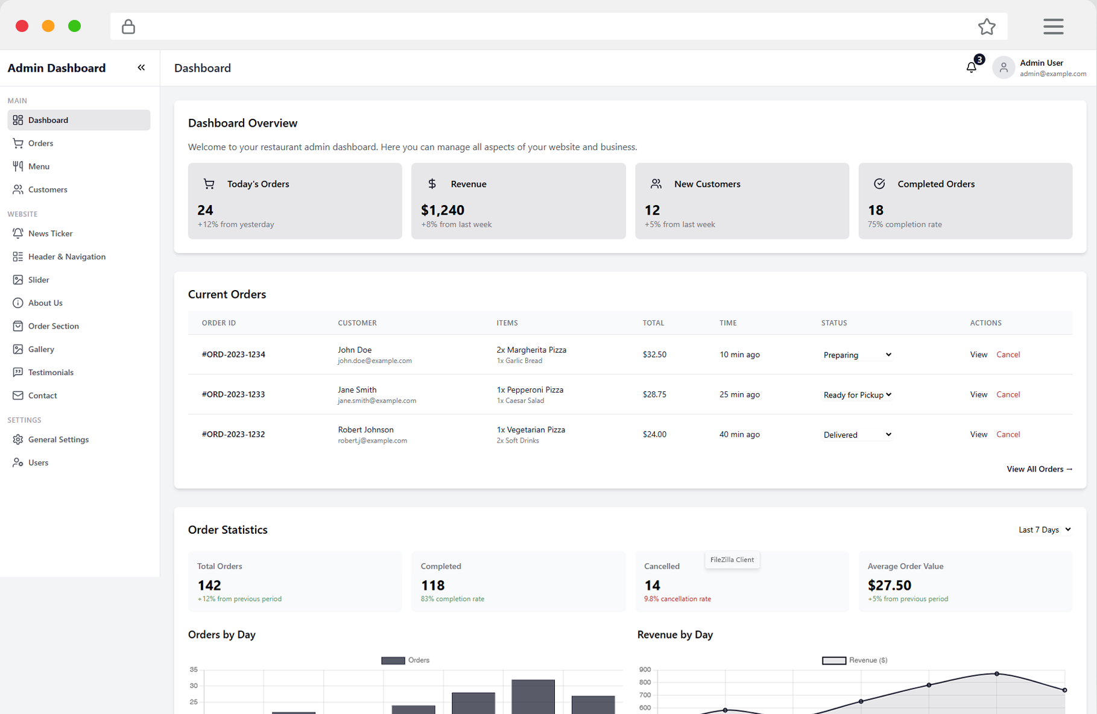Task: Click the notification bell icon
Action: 971,68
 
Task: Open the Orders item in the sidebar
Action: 40,144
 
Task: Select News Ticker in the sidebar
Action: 50,233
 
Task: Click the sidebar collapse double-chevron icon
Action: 141,68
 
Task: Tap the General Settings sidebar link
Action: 58,440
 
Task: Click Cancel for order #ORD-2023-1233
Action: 1008,394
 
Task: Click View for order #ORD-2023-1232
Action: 978,434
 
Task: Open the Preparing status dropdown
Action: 857,355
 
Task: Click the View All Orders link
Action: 1039,469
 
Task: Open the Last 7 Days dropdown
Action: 1045,529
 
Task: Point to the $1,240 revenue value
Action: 443,210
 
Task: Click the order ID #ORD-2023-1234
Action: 233,355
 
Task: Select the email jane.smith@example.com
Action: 377,401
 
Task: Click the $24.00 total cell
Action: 654,434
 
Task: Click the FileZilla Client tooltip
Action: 732,560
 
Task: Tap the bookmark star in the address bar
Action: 987,27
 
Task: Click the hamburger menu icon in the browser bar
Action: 1053,27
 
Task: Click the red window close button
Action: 22,26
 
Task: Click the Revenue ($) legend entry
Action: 855,660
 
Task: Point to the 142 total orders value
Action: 209,586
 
